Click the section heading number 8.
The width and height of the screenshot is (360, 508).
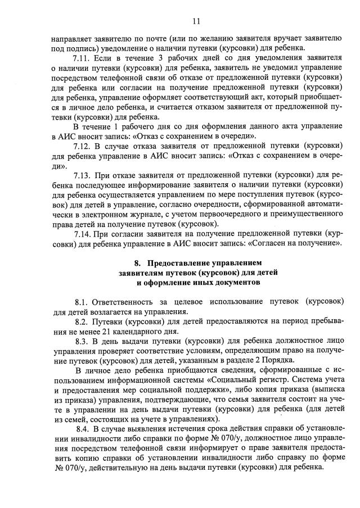[x=137, y=262]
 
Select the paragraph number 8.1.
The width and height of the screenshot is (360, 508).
[x=82, y=302]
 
